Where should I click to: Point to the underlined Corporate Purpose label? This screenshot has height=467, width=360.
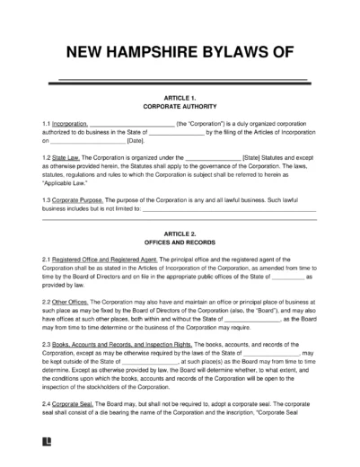[79, 200]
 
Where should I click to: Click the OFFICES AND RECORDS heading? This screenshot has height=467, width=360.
[180, 243]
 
